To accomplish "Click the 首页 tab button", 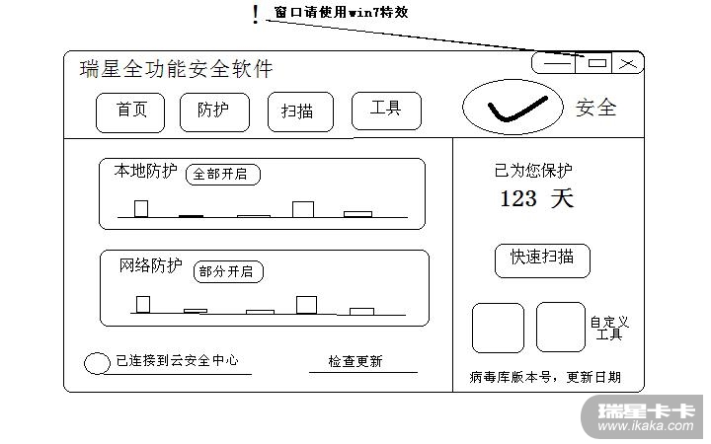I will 130,111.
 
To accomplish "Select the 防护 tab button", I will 214,111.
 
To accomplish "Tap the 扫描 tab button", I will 299,111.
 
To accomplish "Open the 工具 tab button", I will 385,110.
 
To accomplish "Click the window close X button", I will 628,63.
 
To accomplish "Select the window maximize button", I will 597,63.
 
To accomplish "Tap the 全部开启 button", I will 220,175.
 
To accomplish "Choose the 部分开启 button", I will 226,271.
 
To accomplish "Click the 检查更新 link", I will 355,361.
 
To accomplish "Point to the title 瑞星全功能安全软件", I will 176,69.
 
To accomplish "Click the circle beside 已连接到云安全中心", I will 97,363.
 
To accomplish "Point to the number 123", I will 518,198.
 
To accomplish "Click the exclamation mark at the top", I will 256,14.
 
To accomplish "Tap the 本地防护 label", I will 145,172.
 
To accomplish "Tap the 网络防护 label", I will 150,265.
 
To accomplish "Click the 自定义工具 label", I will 609,328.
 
